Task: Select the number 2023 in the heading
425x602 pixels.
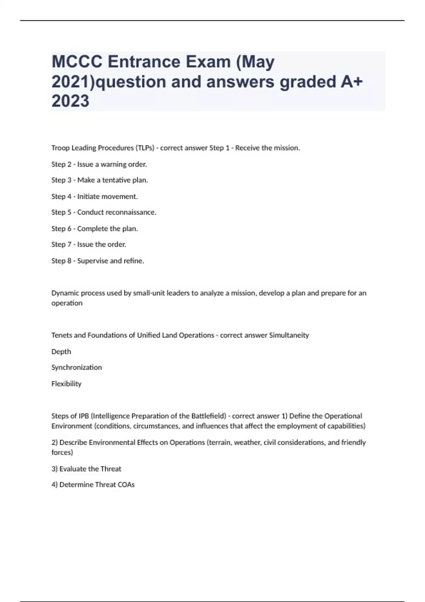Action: [x=70, y=101]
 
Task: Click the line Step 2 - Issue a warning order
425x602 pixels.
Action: [x=99, y=164]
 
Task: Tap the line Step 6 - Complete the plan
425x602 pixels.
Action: [x=94, y=229]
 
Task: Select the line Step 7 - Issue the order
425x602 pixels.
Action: [x=89, y=245]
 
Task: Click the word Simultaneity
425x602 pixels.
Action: [x=289, y=335]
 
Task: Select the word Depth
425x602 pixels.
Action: [x=61, y=352]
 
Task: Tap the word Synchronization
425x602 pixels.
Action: [x=76, y=368]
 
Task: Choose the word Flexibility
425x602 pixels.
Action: [x=66, y=384]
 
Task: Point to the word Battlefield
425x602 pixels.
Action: [x=209, y=416]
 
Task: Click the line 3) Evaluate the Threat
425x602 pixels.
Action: [x=86, y=469]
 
